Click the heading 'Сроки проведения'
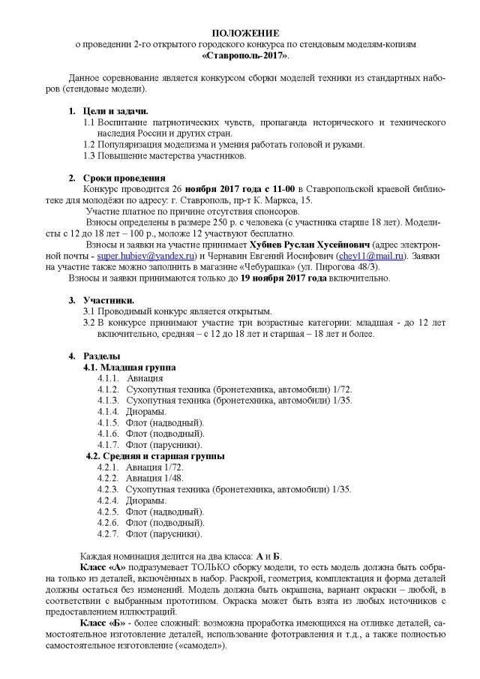coord(124,177)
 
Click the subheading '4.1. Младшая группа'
coord(129,368)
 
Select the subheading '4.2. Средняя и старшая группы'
coord(154,455)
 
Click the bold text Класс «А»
coord(100,568)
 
